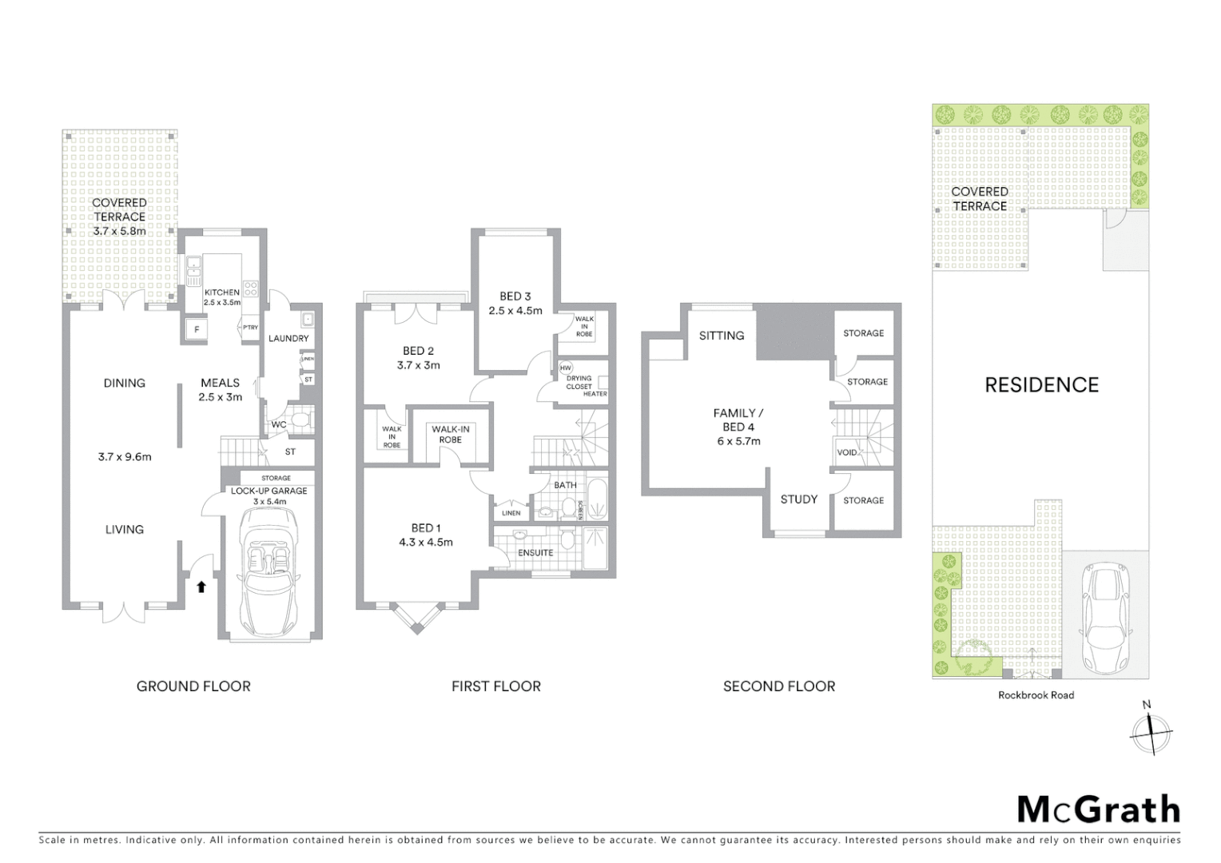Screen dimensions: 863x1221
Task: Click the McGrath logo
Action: [1099, 809]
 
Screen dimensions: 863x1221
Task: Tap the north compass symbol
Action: [1151, 730]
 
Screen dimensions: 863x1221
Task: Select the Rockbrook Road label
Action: [1036, 695]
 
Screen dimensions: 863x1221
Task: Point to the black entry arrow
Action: [201, 587]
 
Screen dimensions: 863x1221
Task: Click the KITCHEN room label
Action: [221, 292]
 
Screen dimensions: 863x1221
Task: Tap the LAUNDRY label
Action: [288, 338]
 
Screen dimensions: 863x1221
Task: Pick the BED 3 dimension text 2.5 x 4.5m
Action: [515, 311]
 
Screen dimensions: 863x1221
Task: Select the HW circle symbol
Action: [566, 368]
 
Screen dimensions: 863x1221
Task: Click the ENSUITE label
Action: [535, 552]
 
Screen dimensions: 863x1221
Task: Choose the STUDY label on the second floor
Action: [798, 499]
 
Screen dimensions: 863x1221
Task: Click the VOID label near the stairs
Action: [847, 452]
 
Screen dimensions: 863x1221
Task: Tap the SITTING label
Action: [722, 336]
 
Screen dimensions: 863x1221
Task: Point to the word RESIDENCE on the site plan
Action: [1041, 385]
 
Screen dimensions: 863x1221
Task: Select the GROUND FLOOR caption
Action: [193, 686]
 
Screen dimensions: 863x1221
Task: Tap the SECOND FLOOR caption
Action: [779, 686]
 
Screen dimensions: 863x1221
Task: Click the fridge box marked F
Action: [196, 328]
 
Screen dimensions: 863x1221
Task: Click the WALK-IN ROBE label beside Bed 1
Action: [451, 434]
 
